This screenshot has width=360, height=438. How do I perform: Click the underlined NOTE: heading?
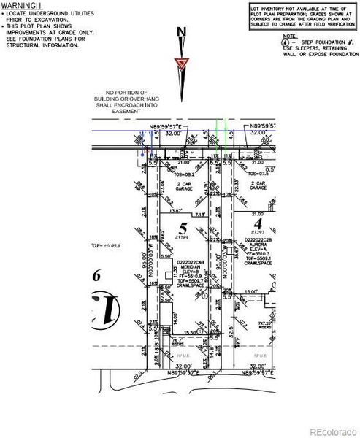click(291, 34)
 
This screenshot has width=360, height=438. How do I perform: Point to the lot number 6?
click(95, 275)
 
